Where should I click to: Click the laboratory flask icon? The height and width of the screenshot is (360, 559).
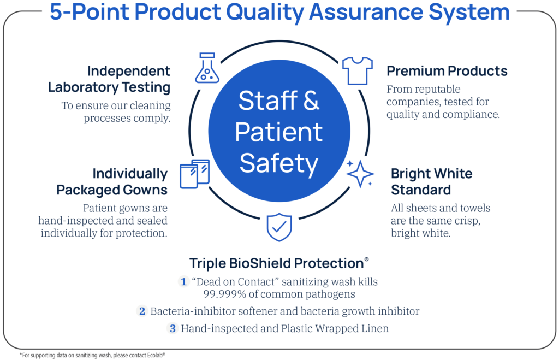[x=207, y=68]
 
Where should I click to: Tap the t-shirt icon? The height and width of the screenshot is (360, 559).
[x=357, y=70]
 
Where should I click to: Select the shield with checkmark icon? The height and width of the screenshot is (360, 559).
[x=279, y=227]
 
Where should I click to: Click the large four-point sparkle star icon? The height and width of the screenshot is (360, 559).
[x=360, y=174]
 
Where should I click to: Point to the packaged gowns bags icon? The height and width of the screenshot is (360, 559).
[x=194, y=174]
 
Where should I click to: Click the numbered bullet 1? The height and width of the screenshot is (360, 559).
[x=183, y=281]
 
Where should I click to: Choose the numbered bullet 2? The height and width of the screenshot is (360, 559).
[x=142, y=311]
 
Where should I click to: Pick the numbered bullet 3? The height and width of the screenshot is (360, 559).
[x=173, y=328]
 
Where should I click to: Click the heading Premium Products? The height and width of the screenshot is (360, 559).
[x=447, y=71]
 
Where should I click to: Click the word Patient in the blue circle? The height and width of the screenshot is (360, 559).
[x=279, y=132]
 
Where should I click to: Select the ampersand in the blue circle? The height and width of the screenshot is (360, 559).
[x=311, y=101]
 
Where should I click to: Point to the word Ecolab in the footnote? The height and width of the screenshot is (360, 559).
[x=154, y=356]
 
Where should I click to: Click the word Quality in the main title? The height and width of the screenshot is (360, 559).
[x=265, y=13]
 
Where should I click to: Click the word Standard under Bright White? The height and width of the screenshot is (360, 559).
[x=421, y=190]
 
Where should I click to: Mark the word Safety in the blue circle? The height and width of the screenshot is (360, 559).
[x=279, y=164]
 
